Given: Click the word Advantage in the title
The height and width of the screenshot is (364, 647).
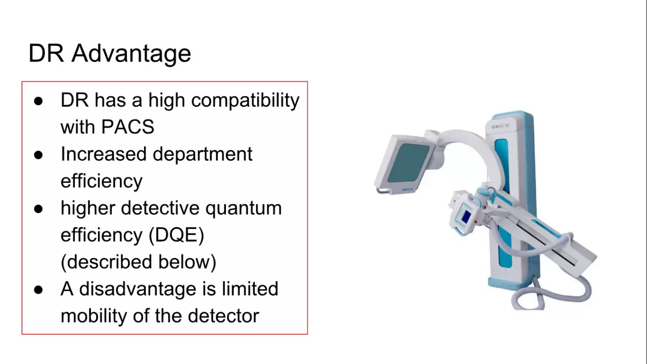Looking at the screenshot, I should (x=131, y=53).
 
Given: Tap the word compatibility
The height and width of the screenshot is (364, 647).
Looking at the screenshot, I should (x=245, y=100).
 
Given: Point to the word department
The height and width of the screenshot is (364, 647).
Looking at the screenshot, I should (x=202, y=154).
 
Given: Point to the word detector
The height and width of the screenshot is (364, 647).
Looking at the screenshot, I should (x=223, y=316).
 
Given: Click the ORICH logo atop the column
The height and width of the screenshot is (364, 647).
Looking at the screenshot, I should (x=500, y=126).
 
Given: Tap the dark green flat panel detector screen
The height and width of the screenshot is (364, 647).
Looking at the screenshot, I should (x=408, y=164).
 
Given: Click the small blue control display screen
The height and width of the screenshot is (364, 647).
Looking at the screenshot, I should (x=466, y=217).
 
